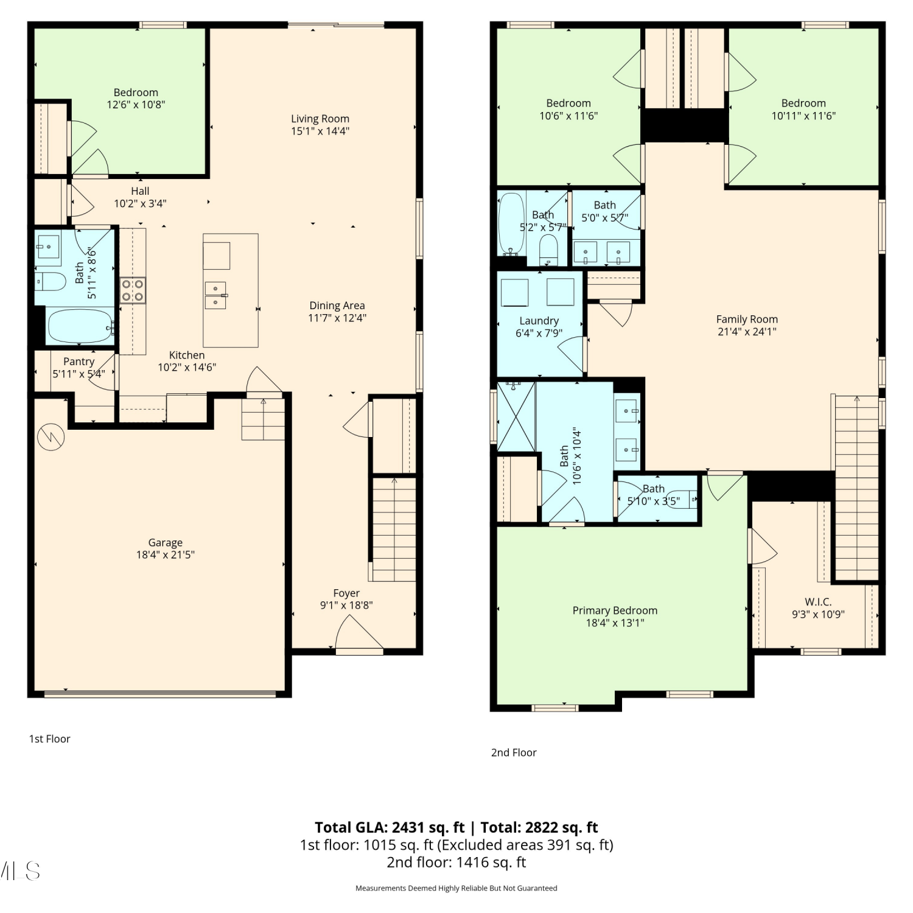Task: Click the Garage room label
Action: [165, 542]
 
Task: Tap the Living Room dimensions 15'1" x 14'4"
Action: [320, 131]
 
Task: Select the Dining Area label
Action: [337, 306]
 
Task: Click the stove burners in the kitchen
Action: [132, 290]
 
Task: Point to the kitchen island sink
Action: [215, 295]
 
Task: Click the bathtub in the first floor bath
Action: [80, 327]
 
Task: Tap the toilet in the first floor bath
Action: [50, 281]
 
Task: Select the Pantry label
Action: [79, 362]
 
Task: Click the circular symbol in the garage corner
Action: [51, 436]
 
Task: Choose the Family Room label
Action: [747, 319]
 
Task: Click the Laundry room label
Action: [539, 321]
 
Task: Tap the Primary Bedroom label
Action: [615, 610]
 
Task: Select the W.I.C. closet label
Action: [818, 602]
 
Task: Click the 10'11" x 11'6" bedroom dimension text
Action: [803, 116]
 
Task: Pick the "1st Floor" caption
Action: [50, 739]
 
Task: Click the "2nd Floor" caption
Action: [514, 753]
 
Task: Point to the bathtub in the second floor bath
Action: [511, 223]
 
